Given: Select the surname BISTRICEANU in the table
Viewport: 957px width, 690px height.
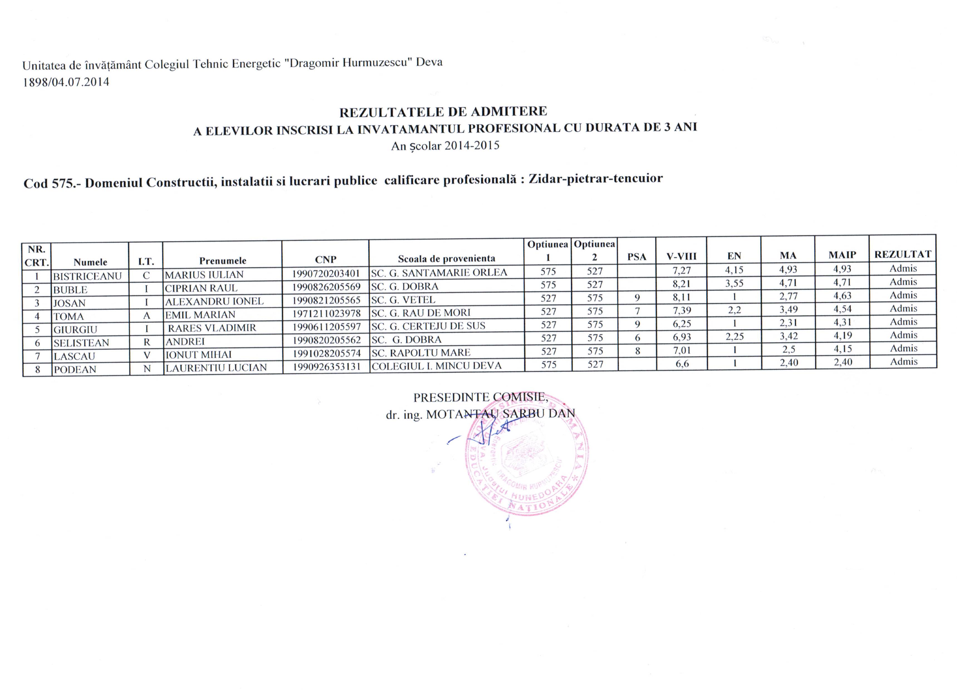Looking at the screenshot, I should tap(87, 276).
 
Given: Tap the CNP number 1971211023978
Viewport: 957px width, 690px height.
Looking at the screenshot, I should tap(326, 313).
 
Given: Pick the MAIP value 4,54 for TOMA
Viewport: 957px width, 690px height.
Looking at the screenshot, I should tap(842, 309).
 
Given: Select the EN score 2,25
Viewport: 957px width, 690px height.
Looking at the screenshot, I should tap(734, 337).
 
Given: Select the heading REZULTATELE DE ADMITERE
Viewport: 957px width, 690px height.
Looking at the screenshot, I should tap(443, 112).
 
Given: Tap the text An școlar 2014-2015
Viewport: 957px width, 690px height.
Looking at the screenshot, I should tap(445, 146).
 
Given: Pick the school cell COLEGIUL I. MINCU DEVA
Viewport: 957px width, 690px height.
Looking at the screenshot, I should tap(436, 366).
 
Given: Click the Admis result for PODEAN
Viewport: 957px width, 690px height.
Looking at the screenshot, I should tap(904, 361).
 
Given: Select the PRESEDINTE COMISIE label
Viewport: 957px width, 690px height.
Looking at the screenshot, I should tap(480, 397).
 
